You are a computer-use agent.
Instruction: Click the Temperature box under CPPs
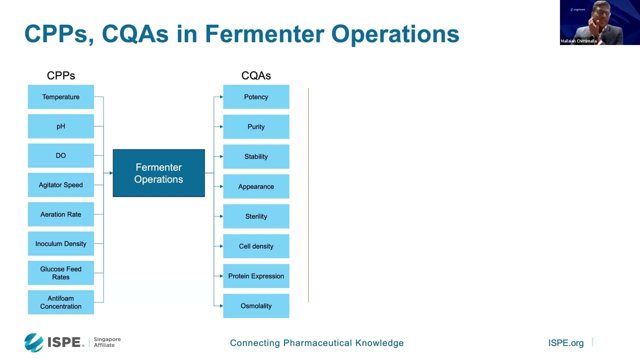pos(61,97)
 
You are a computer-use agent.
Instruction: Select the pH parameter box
pos(61,126)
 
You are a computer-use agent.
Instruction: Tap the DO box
pos(61,155)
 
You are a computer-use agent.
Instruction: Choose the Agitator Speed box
pos(61,185)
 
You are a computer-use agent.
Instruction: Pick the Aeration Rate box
pos(61,214)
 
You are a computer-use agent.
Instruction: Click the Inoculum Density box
pos(61,243)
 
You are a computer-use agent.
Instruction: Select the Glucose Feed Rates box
pos(61,273)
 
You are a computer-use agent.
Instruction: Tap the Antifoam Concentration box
pos(61,302)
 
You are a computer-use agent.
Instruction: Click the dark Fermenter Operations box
pos(159,173)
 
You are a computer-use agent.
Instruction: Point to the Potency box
pos(256,97)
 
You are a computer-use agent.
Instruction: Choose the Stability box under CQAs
pos(256,156)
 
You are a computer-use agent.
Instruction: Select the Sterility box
pos(256,216)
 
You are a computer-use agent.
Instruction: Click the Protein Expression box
pos(256,276)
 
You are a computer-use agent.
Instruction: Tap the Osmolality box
pos(256,306)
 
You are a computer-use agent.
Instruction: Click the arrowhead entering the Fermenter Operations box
pos(111,173)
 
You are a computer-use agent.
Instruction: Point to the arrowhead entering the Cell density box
pos(221,246)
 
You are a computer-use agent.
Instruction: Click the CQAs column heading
pos(256,75)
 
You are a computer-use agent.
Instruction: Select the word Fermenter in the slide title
pos(264,34)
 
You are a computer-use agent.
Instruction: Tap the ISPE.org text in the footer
pos(565,343)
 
